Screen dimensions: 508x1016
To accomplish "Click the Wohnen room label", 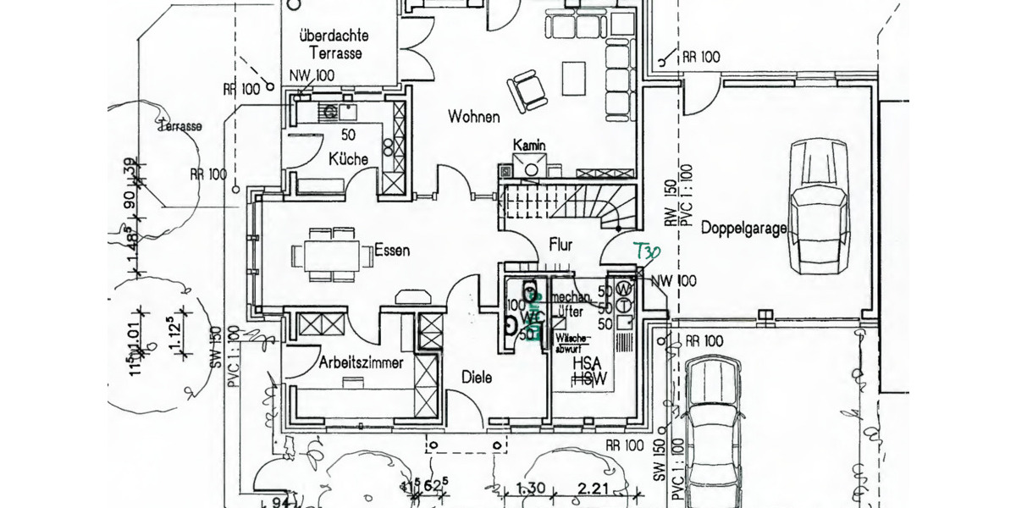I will (474, 117).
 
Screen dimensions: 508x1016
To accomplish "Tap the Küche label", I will (348, 159).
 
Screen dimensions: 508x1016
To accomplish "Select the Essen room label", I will (392, 251).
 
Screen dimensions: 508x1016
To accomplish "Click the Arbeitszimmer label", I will (362, 362).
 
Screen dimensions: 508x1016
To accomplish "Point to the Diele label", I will (477, 378).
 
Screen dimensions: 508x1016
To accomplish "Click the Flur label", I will (560, 245).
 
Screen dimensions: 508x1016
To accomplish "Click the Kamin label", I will (529, 146).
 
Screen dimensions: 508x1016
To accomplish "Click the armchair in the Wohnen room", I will (527, 89).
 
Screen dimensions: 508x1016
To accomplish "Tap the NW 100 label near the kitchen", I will (312, 76).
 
